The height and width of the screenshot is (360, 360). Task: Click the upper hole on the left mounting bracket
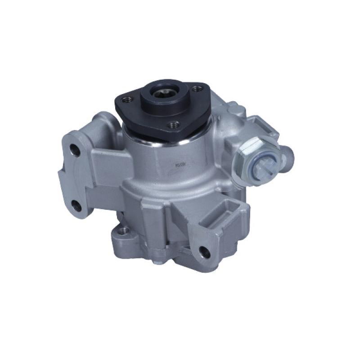76,150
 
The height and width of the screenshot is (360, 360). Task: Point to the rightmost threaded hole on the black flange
196,89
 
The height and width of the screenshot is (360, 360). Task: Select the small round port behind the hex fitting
288,155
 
